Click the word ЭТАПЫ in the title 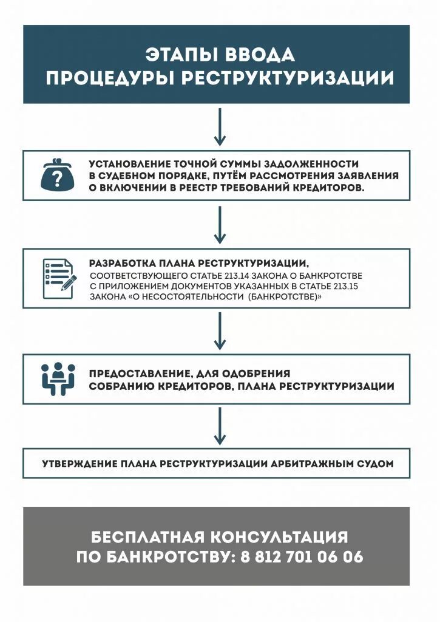(x=175, y=55)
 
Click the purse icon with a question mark (x=58, y=176)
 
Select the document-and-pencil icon (x=59, y=278)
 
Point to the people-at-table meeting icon (x=58, y=378)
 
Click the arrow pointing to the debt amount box (x=220, y=126)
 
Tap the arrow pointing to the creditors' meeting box (x=220, y=330)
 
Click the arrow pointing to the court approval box (x=220, y=426)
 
